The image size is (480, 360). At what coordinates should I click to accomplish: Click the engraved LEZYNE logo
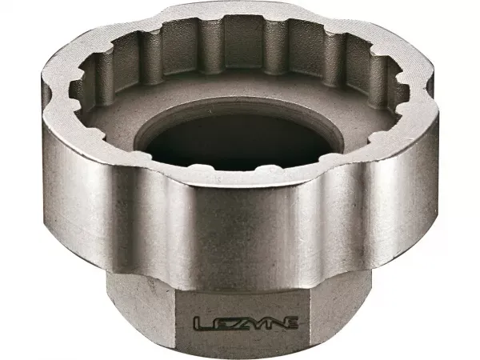tap(246, 323)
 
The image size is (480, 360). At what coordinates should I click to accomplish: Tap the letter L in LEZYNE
tap(201, 324)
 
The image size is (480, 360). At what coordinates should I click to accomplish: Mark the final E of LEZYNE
tap(290, 324)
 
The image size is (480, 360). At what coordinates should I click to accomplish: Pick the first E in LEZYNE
tap(218, 324)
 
